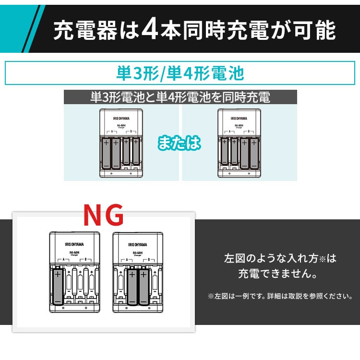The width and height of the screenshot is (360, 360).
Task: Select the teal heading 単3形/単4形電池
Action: coord(180,73)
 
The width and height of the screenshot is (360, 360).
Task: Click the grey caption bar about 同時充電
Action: coord(180,98)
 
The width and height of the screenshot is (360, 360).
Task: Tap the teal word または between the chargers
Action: coord(179,144)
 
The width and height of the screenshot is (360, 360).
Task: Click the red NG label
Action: coord(103,216)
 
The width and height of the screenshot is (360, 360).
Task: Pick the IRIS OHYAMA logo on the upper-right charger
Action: coord(239,118)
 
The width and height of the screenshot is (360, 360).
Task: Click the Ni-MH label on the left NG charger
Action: coord(74,252)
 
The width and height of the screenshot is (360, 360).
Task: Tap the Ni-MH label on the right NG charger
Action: coord(137,252)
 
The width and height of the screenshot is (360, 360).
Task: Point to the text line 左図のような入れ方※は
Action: coord(280,259)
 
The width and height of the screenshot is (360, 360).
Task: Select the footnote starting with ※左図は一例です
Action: coord(280,296)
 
